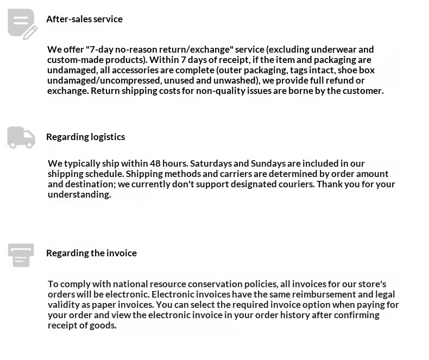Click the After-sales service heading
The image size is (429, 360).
pyautogui.click(x=84, y=19)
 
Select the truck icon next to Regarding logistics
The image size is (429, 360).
pyautogui.click(x=21, y=137)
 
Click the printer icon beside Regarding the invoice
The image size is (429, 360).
pyautogui.click(x=21, y=255)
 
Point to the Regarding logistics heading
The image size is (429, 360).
pyautogui.click(x=85, y=137)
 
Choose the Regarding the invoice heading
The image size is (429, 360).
pyautogui.click(x=91, y=253)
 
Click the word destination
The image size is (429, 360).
pyautogui.click(x=92, y=184)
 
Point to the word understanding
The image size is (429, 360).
pyautogui.click(x=79, y=194)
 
